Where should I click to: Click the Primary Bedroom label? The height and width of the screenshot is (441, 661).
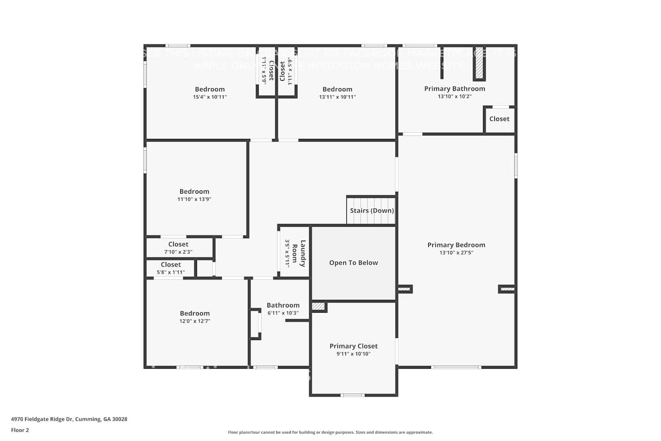pos(456,245)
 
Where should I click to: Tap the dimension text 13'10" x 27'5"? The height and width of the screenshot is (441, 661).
pos(456,253)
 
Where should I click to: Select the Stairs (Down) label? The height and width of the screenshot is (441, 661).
pos(371,210)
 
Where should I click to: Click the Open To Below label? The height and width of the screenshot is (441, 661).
pos(353,262)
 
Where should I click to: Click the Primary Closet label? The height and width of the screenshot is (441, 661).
pos(353,346)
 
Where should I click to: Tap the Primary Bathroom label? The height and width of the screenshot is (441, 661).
pos(454,89)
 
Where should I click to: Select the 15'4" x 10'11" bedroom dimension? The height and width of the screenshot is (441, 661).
pos(210,97)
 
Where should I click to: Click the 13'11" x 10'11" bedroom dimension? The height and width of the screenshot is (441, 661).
pos(337,97)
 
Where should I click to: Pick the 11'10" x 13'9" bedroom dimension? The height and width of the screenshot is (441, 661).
pos(194,199)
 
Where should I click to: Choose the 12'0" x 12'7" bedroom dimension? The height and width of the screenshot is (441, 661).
pos(194,321)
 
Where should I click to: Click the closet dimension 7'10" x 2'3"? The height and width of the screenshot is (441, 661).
pos(178,252)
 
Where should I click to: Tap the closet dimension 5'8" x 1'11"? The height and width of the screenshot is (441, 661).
pos(171,273)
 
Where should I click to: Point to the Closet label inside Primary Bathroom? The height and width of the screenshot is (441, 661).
pos(499,119)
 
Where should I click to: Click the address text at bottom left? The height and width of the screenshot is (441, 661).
pos(69,419)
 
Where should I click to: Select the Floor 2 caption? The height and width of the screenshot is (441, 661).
pos(20,430)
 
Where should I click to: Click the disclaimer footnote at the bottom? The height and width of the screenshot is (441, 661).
pos(330,432)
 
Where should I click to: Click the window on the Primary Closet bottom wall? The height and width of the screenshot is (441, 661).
pos(353,395)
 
